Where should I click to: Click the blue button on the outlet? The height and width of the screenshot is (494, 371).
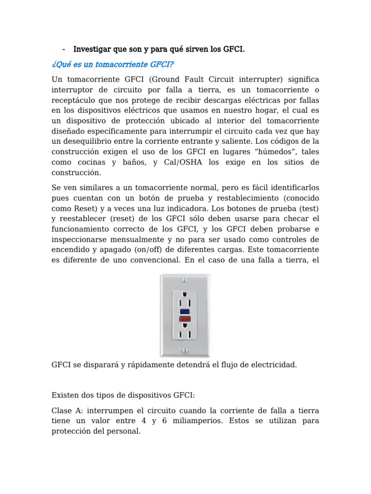point(185,311)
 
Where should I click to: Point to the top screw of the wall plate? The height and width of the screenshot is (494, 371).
point(184,280)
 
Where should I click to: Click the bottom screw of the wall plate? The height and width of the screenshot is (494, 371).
point(184,351)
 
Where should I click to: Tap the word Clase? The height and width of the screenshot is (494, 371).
point(61,410)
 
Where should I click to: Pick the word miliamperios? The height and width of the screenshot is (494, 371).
point(213,422)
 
